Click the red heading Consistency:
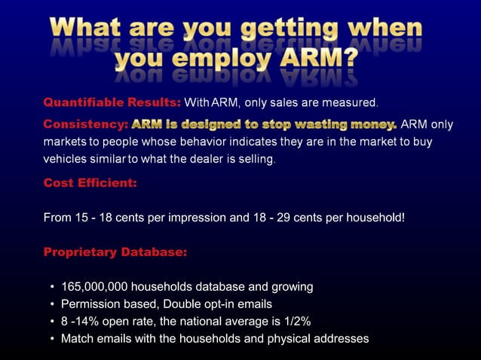(85, 124)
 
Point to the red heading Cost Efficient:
(90, 182)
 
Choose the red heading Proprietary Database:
(115, 252)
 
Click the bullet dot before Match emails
(51, 340)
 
